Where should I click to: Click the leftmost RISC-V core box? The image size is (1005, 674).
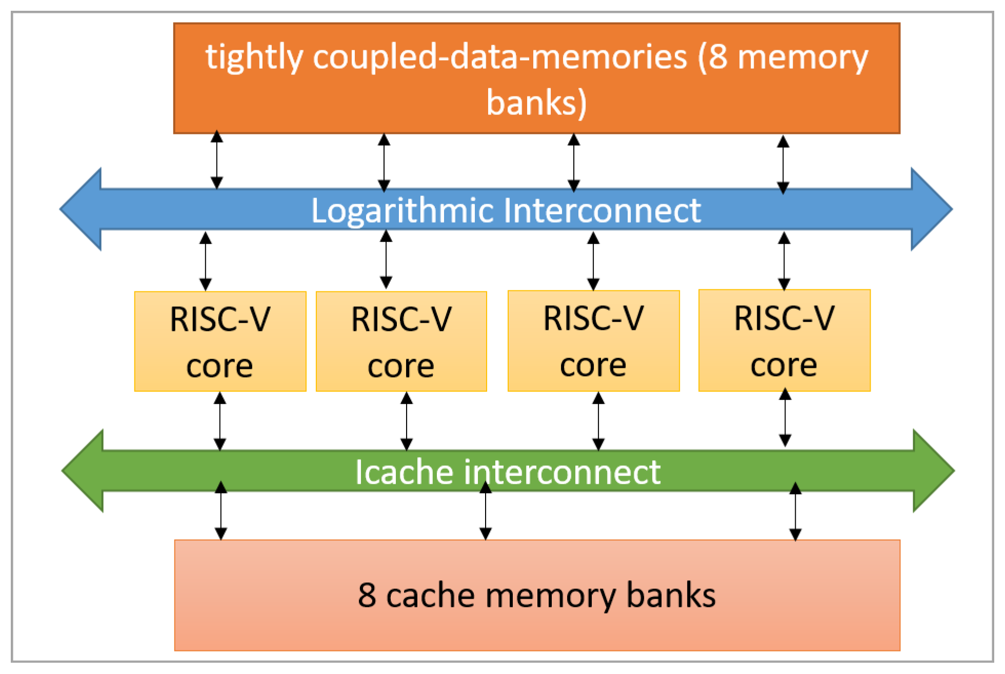point(220,341)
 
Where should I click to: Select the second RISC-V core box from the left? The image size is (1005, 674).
point(401,341)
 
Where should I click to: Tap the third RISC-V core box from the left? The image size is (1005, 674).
point(593,341)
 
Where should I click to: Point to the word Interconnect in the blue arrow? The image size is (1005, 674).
point(602,210)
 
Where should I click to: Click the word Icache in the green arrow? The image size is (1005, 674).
point(404,472)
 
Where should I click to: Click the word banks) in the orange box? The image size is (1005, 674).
point(536,103)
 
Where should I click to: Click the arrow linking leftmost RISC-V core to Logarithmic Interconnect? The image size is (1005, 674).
point(206,261)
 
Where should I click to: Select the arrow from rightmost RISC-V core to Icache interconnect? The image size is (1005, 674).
point(785,418)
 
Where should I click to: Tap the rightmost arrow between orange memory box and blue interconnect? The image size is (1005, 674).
point(783,164)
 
